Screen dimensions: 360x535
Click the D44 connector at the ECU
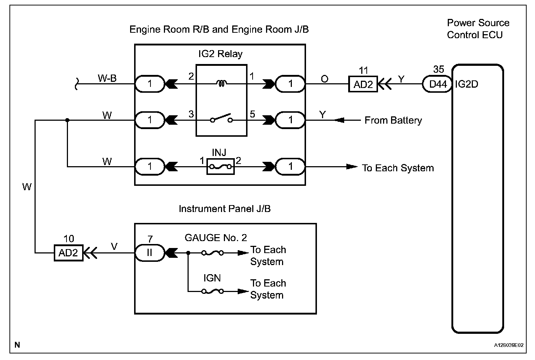click(438, 84)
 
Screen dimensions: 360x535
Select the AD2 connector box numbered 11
click(363, 84)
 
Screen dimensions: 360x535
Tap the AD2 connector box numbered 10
click(68, 253)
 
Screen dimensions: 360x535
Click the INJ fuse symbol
click(220, 167)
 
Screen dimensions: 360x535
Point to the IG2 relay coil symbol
click(221, 84)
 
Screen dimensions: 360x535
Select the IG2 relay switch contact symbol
click(221, 119)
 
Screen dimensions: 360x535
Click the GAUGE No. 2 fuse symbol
click(213, 253)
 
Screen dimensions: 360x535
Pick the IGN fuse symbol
click(213, 291)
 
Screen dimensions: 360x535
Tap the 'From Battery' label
click(393, 120)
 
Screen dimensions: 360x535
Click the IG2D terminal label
click(467, 84)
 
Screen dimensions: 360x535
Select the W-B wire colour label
click(107, 78)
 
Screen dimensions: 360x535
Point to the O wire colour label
click(325, 79)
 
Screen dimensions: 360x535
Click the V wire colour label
click(114, 247)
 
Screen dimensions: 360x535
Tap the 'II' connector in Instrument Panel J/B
click(150, 253)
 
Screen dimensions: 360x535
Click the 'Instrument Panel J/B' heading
click(225, 209)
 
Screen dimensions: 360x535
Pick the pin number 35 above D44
click(439, 69)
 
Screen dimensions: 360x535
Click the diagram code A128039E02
click(508, 345)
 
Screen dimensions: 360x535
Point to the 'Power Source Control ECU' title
click(478, 29)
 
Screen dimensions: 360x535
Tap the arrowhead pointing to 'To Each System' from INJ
click(351, 167)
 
